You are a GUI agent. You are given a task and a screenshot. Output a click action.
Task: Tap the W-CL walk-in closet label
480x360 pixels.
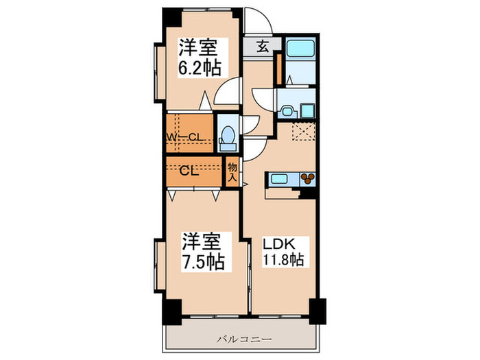point(184,136)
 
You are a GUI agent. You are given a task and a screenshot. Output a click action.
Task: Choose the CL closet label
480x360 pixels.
point(189,171)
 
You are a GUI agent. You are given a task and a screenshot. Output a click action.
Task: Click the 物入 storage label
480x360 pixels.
point(232,171)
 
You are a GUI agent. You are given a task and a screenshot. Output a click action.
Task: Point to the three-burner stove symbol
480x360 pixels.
point(309,179)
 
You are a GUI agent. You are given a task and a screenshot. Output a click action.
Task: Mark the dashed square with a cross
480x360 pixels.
point(303,130)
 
